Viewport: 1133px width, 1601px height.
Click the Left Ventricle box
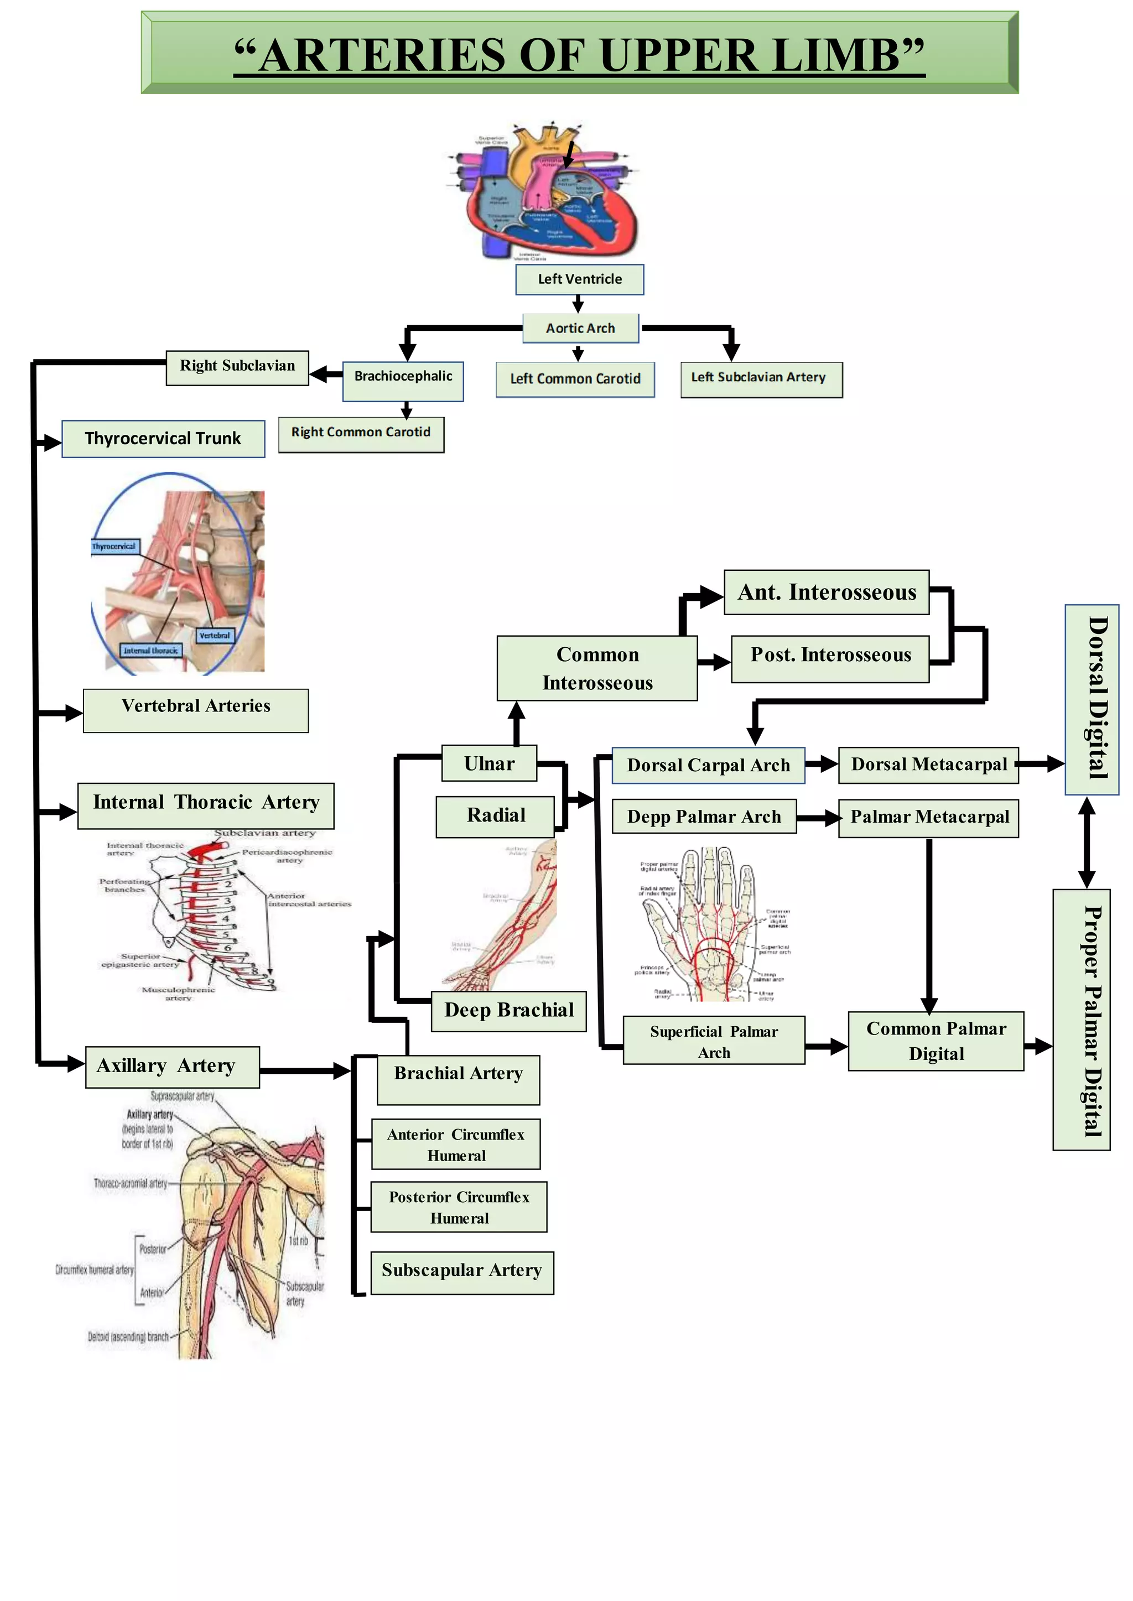point(579,279)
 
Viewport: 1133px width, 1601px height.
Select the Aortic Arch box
point(580,328)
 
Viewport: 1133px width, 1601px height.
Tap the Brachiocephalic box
point(403,380)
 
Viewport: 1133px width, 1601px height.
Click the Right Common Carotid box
point(361,434)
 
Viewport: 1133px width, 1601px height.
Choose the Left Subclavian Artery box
point(761,379)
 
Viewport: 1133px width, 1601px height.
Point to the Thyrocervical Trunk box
point(163,439)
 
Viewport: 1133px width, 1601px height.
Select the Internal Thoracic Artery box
point(205,805)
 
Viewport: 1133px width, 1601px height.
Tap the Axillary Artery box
point(171,1066)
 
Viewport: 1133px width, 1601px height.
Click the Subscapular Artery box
point(461,1272)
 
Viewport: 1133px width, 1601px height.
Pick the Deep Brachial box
point(508,1010)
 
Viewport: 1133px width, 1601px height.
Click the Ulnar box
point(489,763)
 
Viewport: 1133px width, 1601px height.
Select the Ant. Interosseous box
point(826,592)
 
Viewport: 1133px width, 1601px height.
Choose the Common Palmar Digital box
point(935,1041)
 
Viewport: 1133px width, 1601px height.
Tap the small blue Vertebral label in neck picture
point(214,636)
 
